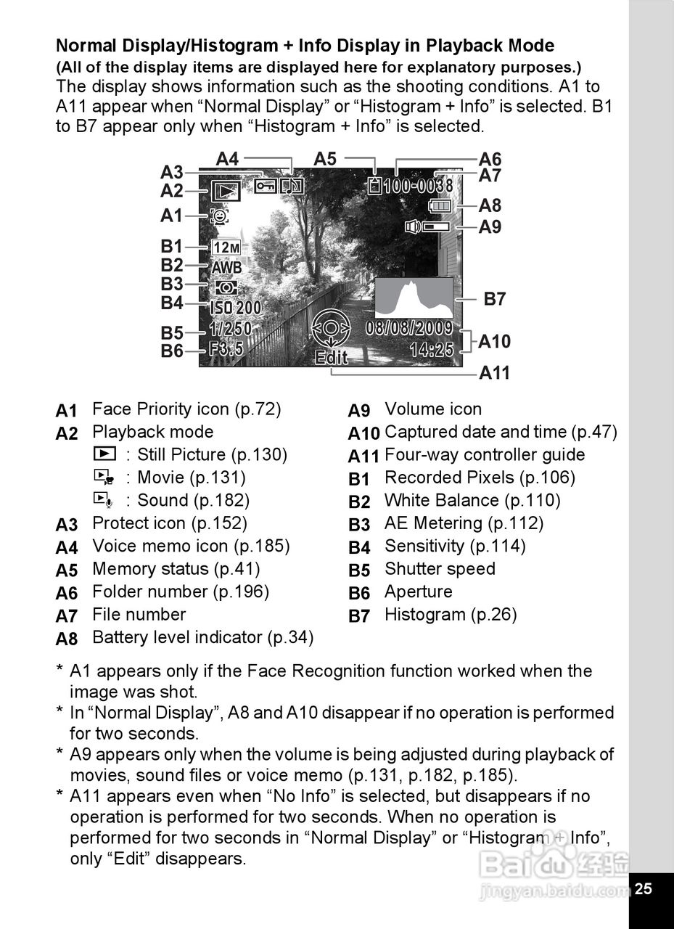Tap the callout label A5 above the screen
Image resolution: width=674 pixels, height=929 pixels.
pyautogui.click(x=326, y=159)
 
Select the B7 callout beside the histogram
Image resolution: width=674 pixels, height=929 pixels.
pyautogui.click(x=495, y=298)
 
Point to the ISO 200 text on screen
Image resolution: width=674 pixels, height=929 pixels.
pyautogui.click(x=236, y=308)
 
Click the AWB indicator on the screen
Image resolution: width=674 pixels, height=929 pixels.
pyautogui.click(x=226, y=267)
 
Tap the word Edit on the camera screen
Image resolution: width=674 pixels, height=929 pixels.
pyautogui.click(x=332, y=358)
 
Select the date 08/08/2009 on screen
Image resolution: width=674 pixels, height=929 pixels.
pyautogui.click(x=409, y=328)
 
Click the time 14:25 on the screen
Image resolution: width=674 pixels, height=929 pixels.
pyautogui.click(x=432, y=350)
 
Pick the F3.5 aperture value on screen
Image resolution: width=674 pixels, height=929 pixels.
pyautogui.click(x=226, y=348)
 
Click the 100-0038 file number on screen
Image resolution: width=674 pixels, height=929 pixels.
pyautogui.click(x=418, y=186)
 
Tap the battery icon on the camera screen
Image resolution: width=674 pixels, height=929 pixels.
pyautogui.click(x=440, y=207)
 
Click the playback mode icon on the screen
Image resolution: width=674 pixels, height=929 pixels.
pyautogui.click(x=226, y=192)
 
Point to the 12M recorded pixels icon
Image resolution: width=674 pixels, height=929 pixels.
pyautogui.click(x=226, y=248)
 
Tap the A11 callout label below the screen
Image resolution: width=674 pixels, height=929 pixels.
pyautogui.click(x=495, y=373)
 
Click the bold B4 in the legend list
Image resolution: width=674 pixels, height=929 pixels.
pyautogui.click(x=359, y=547)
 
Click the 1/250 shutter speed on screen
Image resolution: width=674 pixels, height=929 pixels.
pyautogui.click(x=230, y=329)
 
